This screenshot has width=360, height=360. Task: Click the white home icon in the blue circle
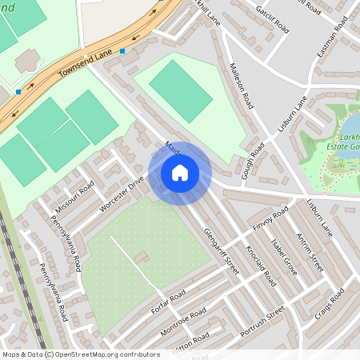click(180, 172)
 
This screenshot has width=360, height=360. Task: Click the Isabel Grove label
click(284, 257)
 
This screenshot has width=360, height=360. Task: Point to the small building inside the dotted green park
click(142, 257)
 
